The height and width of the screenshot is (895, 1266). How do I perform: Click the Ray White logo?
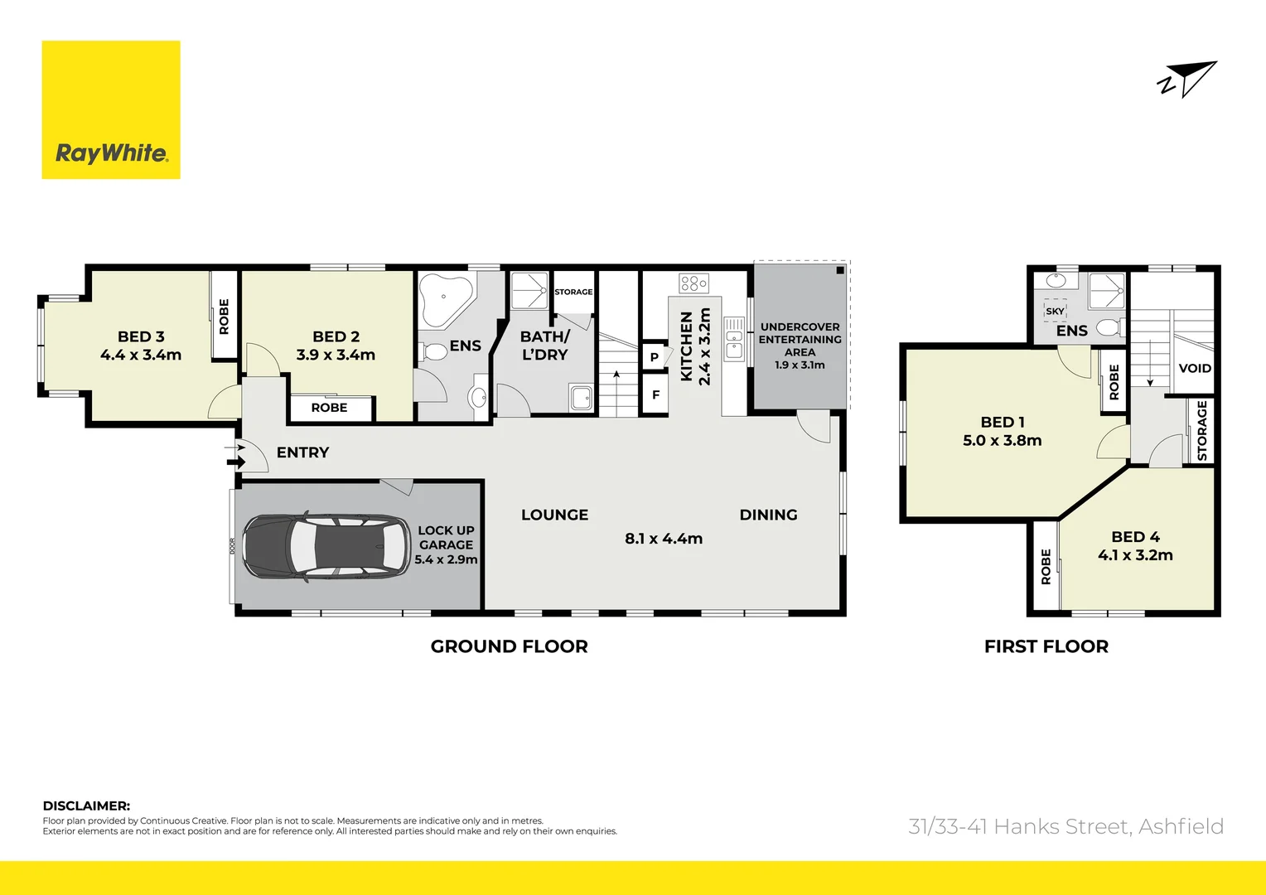click(x=111, y=110)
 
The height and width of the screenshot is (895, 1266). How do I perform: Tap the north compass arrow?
click(x=1189, y=80)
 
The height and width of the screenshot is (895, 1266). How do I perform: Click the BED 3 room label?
click(x=141, y=336)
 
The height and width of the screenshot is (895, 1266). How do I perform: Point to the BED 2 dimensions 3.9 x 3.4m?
click(x=336, y=355)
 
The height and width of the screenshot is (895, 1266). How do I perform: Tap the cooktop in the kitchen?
click(x=693, y=283)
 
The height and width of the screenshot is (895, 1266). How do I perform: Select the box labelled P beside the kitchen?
click(x=655, y=357)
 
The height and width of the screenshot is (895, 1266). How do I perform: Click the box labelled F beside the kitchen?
click(x=655, y=395)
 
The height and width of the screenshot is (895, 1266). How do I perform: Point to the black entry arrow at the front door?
click(x=237, y=462)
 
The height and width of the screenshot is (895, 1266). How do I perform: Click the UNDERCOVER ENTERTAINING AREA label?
click(x=800, y=340)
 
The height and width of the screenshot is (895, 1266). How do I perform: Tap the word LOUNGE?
click(x=554, y=515)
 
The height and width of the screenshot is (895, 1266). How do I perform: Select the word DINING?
click(x=768, y=515)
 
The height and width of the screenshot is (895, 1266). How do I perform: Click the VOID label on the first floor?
click(x=1195, y=368)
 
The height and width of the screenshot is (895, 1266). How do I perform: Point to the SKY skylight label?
click(x=1055, y=312)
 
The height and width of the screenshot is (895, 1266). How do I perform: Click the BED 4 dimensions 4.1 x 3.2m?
click(x=1135, y=555)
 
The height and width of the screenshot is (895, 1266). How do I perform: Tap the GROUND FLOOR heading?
click(x=509, y=646)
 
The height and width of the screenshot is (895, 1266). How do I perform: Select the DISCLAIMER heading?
click(x=86, y=805)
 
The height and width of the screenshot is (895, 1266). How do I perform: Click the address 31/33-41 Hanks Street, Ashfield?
click(x=1065, y=826)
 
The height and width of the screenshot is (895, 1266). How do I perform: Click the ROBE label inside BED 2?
click(x=329, y=408)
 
